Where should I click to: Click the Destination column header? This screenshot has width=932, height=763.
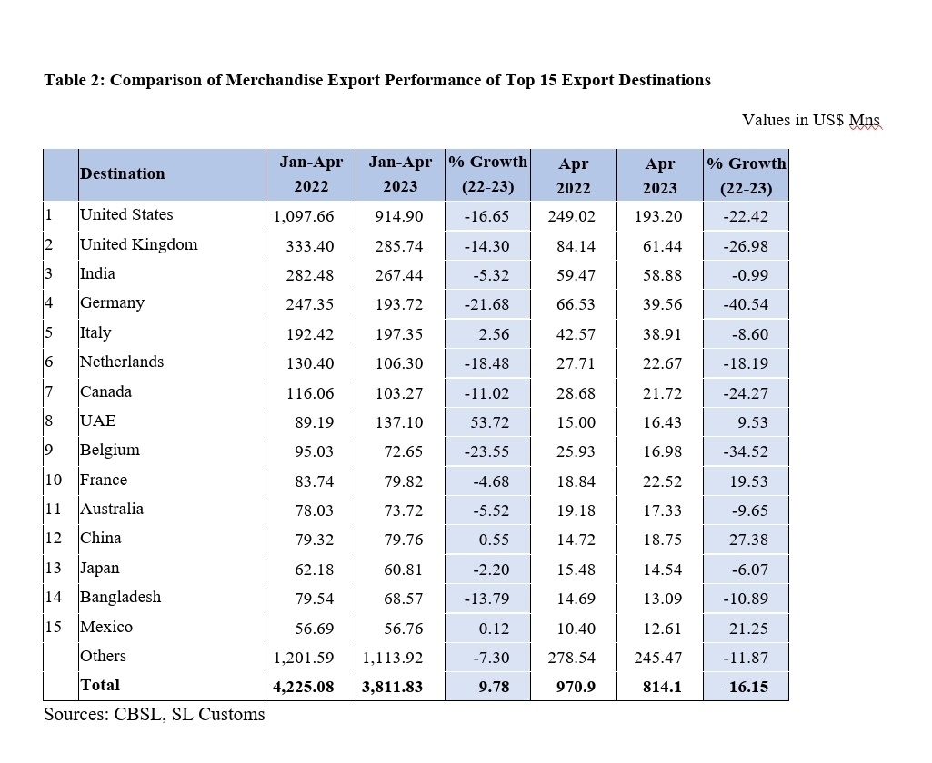(x=123, y=174)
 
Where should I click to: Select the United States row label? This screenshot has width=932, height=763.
(x=126, y=214)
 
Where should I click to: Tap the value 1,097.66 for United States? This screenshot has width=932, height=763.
(x=303, y=216)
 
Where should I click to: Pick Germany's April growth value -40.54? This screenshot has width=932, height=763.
(x=746, y=304)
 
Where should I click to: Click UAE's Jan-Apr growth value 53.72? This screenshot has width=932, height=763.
(x=489, y=422)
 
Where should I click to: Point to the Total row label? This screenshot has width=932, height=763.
(x=100, y=685)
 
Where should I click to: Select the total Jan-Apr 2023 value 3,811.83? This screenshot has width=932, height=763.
(x=392, y=687)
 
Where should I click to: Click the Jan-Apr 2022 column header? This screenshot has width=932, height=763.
(x=311, y=174)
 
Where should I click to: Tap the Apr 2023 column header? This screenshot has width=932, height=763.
(x=660, y=175)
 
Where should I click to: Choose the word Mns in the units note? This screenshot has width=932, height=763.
(x=864, y=120)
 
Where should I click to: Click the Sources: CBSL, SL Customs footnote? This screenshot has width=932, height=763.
(x=155, y=714)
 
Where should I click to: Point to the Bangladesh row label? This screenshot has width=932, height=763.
(x=121, y=597)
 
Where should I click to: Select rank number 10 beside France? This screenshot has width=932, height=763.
(x=54, y=480)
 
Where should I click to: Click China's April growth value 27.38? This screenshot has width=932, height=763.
(x=748, y=540)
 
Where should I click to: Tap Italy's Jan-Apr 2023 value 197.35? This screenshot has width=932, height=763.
(x=399, y=334)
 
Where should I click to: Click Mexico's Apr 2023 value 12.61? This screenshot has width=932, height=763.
(x=662, y=629)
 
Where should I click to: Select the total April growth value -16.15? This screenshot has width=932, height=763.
(x=746, y=687)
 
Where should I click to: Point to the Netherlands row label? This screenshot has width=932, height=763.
(x=122, y=362)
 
